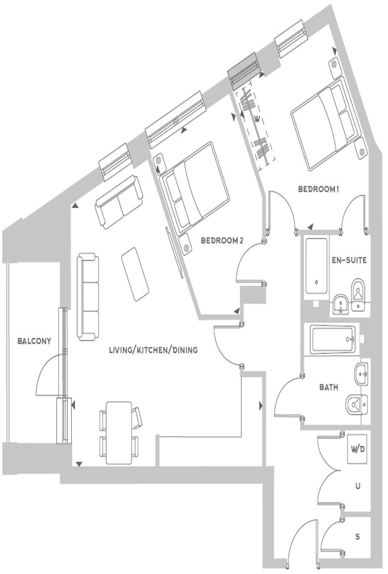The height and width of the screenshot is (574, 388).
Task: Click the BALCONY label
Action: [x=34, y=341]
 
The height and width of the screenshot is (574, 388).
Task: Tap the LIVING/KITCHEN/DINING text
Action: [x=153, y=350]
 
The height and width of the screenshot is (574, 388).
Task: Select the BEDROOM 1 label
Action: [x=318, y=189]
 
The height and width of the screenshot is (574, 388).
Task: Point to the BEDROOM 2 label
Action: [x=222, y=240]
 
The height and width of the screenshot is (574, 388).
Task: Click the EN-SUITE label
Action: [x=349, y=260]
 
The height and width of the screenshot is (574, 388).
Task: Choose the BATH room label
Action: [x=328, y=387]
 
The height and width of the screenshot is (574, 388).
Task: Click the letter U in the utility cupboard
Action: [x=358, y=486]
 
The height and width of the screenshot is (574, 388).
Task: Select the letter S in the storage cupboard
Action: [x=358, y=537]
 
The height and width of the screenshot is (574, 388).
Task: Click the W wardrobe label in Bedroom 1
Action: [x=257, y=119]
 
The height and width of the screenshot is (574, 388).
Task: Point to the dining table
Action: [x=119, y=433]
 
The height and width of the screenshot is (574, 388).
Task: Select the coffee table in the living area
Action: [x=135, y=274]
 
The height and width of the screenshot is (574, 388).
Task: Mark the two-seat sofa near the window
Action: [x=119, y=202]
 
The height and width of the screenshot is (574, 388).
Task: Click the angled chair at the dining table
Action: [x=137, y=418]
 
